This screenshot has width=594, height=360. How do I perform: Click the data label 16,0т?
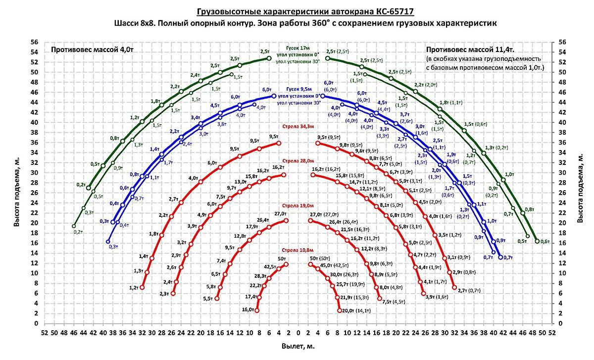pos(247,310)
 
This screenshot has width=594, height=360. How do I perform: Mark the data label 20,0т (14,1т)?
pos(356,310)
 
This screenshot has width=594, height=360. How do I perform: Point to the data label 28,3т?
pos(260,276)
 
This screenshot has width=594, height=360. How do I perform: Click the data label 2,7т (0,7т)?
pos(470,291)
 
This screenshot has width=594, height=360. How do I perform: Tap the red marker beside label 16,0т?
pos(256,310)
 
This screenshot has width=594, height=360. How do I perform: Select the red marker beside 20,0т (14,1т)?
pos(340,310)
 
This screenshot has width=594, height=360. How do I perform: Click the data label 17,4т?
pos(251,297)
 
